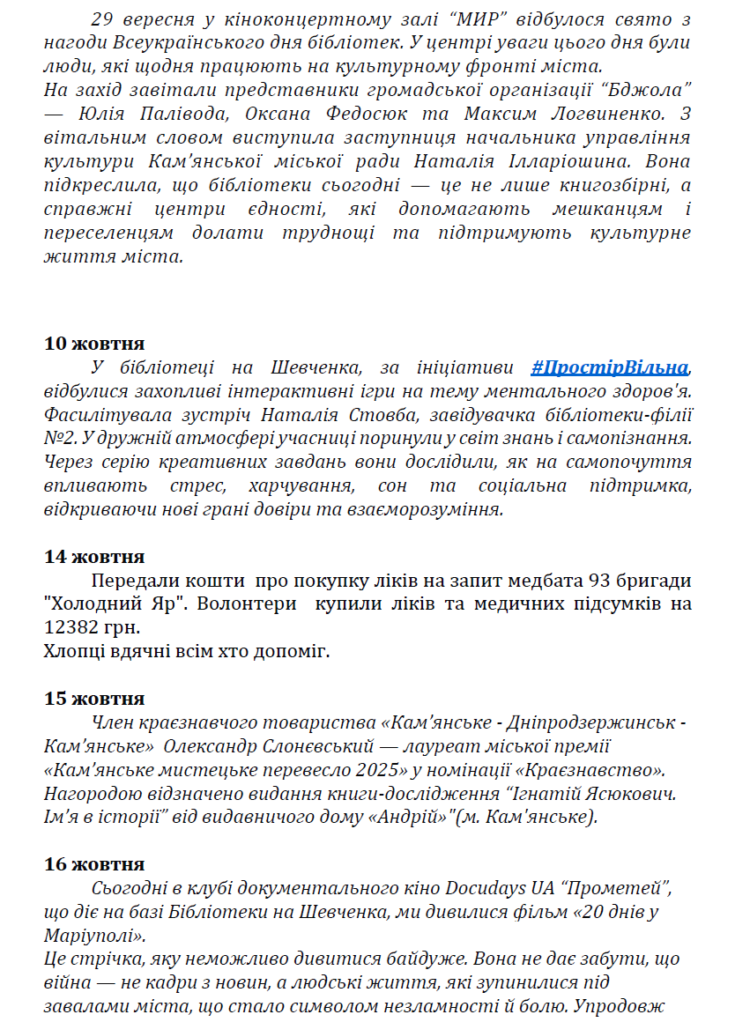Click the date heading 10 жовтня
point(94,344)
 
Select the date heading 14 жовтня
point(94,557)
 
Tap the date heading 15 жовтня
point(94,699)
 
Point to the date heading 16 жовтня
point(94,864)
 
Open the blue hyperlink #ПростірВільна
point(609,367)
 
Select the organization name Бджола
point(650,90)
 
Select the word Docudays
point(483,888)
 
